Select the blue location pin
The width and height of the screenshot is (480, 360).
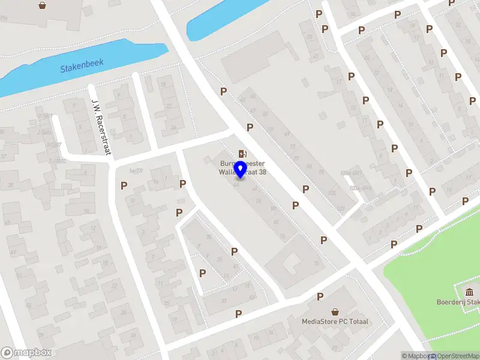click(x=240, y=169)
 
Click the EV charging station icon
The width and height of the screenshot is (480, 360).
click(x=242, y=154)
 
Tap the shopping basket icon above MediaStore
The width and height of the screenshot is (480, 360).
click(x=335, y=311)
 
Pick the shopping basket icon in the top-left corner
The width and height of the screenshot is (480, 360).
click(x=43, y=5)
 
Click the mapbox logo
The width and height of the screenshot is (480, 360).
click(x=26, y=353)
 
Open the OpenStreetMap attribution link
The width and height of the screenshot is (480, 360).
click(x=454, y=356)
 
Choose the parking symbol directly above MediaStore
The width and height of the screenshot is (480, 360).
click(x=320, y=296)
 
